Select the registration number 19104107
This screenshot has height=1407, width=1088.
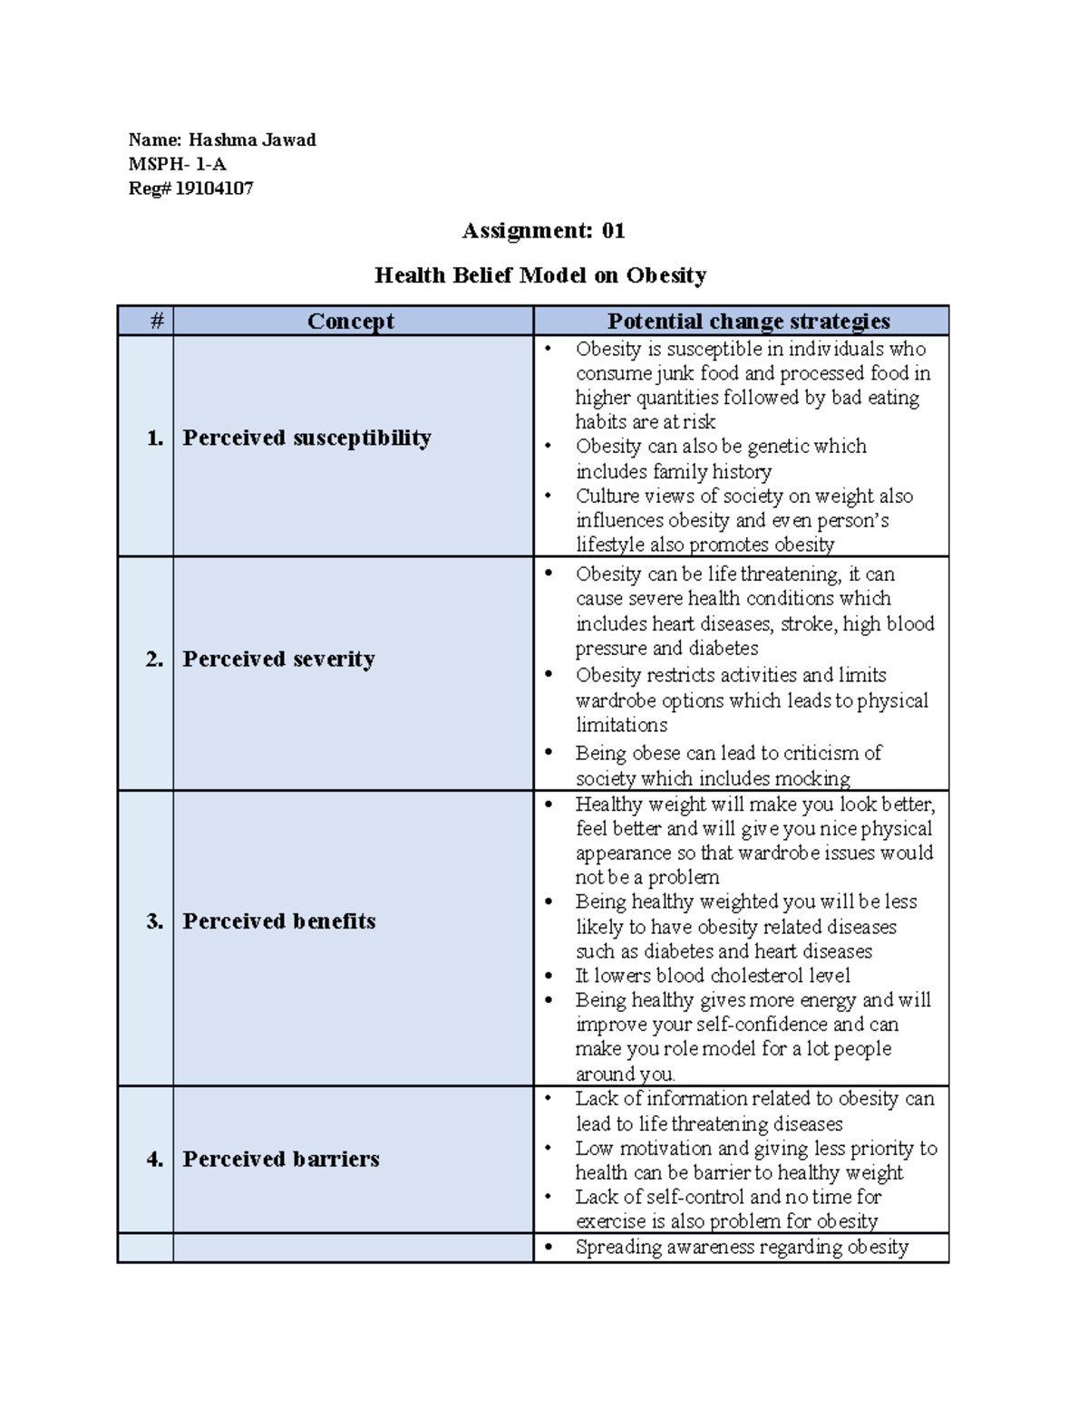pos(214,188)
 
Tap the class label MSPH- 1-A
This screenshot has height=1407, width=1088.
pos(178,164)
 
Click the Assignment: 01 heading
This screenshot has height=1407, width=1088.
pos(543,231)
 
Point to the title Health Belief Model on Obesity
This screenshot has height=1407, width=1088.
pos(540,275)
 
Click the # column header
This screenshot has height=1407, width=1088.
pos(157,321)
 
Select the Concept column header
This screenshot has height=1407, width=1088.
pos(351,322)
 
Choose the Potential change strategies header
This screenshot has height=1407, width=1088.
pos(748,322)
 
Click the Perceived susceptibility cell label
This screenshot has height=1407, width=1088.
pos(306,438)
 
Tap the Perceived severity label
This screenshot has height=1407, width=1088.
pos(278,659)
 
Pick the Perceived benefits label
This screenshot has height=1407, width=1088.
pos(278,921)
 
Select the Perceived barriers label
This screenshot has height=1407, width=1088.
pos(281,1159)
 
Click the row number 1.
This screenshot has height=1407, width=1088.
pos(155,438)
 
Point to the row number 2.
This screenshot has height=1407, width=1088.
pos(155,660)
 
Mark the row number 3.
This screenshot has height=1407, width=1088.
pos(155,921)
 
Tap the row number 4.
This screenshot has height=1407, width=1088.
pos(155,1160)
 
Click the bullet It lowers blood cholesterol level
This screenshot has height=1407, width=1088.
pos(713,976)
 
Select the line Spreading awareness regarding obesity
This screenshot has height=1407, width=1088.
pos(742,1248)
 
